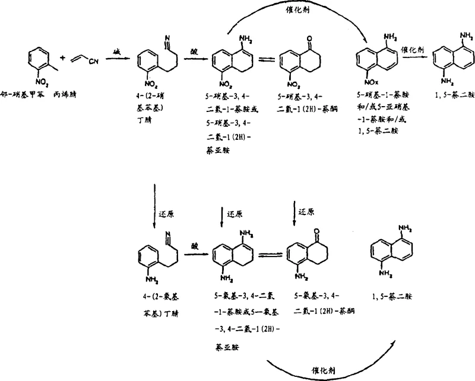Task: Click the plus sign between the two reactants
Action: (62, 59)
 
